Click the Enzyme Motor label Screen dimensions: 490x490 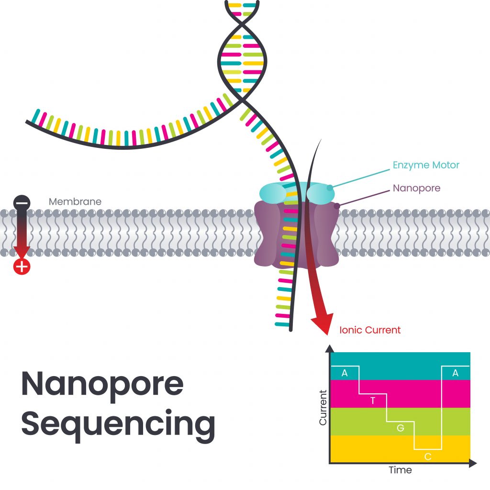[x=426, y=165]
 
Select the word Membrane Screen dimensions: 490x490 [x=75, y=201]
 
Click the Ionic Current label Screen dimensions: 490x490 [x=370, y=330]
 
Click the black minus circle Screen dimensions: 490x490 [x=22, y=202]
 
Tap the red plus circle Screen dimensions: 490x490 [x=22, y=266]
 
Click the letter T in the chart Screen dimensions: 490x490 [x=373, y=401]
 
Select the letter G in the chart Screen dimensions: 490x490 [x=401, y=428]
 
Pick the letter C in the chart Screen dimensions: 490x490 [x=428, y=457]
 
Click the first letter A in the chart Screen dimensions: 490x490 [x=345, y=373]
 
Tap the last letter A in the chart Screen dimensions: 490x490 [x=455, y=373]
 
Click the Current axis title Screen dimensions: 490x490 [x=323, y=408]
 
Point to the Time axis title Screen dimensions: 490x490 [x=400, y=470]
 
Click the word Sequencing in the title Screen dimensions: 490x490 [x=118, y=424]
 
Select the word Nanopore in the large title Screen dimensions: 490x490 [x=102, y=384]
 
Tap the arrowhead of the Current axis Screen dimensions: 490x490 [x=329, y=348]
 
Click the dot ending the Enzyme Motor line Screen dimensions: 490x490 [x=329, y=188]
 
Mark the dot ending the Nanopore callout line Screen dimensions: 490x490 [x=336, y=206]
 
